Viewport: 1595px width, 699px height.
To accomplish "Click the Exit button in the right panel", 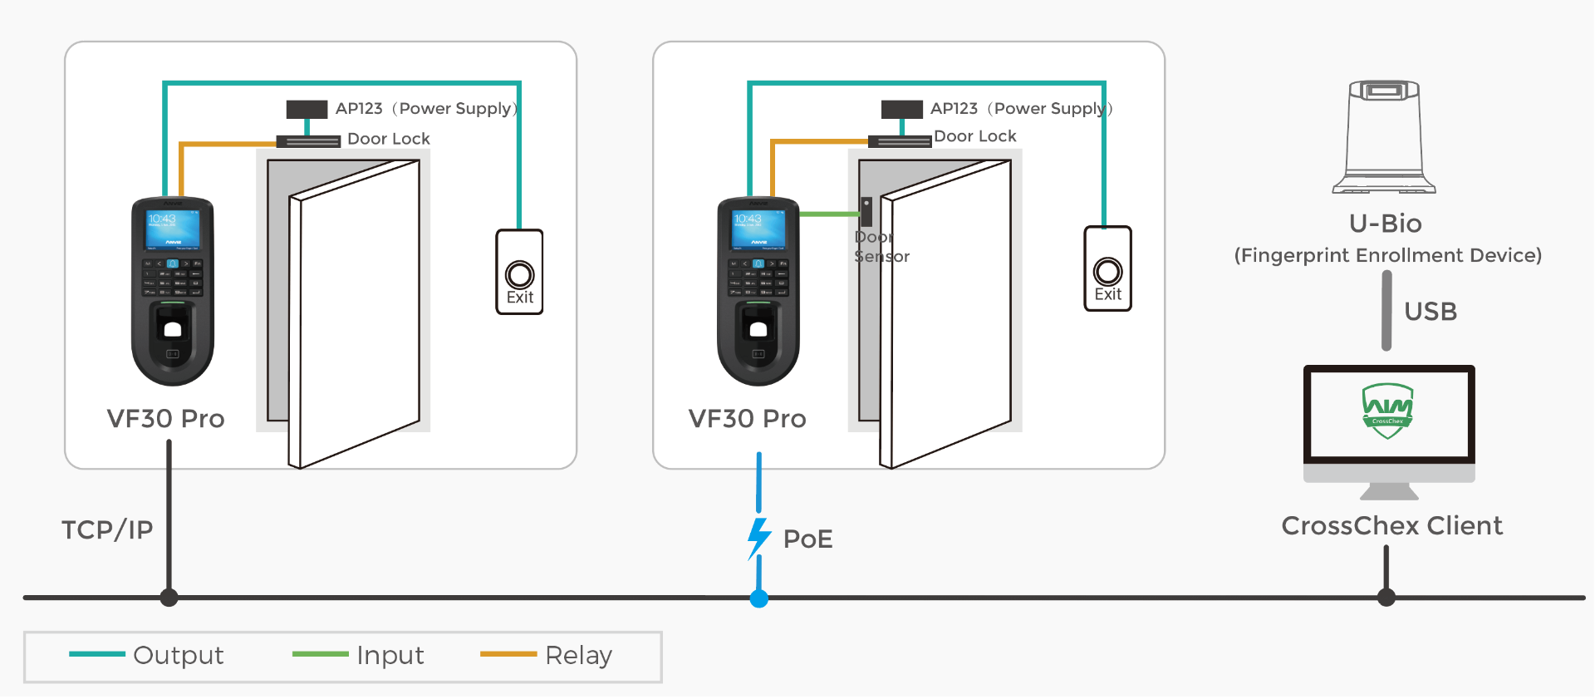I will (x=1107, y=270).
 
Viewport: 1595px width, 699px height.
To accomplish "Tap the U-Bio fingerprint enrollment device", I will (x=1384, y=137).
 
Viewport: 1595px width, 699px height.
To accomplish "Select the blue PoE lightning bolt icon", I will (x=758, y=537).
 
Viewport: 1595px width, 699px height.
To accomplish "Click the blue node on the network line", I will (x=758, y=598).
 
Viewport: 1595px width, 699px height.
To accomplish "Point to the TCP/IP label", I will (x=107, y=529).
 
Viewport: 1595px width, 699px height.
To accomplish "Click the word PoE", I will (x=807, y=539).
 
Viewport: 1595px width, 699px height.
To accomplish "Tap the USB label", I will (x=1430, y=312).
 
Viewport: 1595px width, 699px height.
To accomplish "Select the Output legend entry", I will (x=178, y=655).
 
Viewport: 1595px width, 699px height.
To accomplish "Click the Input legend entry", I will (x=390, y=655).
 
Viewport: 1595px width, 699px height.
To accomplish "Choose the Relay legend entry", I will (x=578, y=655).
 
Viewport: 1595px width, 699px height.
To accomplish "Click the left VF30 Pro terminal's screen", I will (x=173, y=229).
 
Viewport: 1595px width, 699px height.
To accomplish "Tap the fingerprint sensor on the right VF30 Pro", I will (x=758, y=327).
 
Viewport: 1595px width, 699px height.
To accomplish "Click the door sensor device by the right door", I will (x=866, y=212).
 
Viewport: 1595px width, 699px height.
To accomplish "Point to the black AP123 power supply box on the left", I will (x=307, y=109).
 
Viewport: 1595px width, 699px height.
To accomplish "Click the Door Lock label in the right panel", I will (x=974, y=136).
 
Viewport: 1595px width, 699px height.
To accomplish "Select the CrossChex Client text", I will (x=1391, y=525).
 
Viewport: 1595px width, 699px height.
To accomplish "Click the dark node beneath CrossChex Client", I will (x=1386, y=597).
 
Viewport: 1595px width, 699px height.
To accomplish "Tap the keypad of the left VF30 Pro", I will (x=173, y=278).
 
